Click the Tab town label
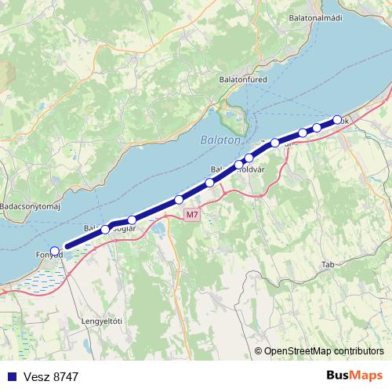pyautogui.click(x=328, y=265)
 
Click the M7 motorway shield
pyautogui.click(x=192, y=214)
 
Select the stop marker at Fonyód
pyautogui.click(x=54, y=250)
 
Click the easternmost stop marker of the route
pyautogui.click(x=338, y=120)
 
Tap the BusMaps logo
pyautogui.click(x=355, y=376)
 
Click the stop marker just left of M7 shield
pyautogui.click(x=179, y=200)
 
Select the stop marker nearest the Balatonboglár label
pyautogui.click(x=105, y=229)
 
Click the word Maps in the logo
pyautogui.click(x=368, y=376)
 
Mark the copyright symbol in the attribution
pyautogui.click(x=258, y=351)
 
